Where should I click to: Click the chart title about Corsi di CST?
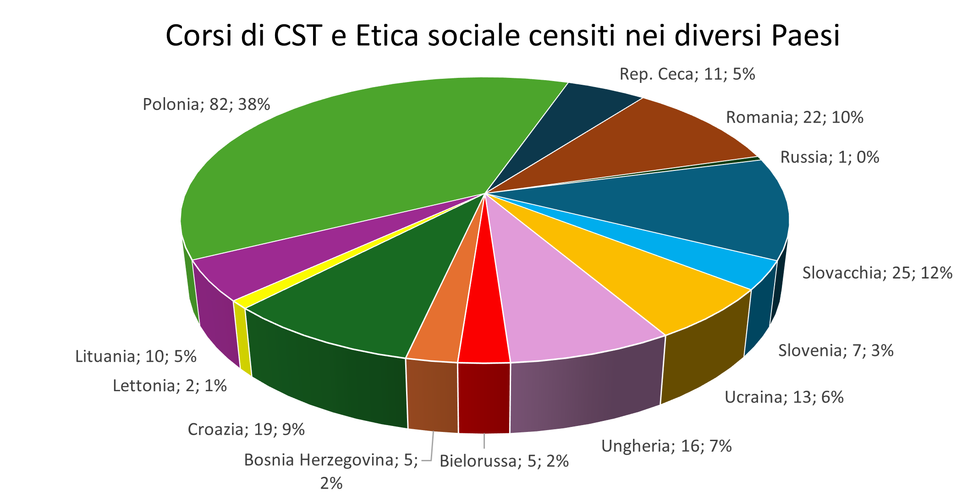[x=502, y=36]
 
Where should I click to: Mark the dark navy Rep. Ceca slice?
[x=573, y=119]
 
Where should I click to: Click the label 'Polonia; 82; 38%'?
[x=206, y=104]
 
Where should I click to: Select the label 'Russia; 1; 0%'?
[x=830, y=157]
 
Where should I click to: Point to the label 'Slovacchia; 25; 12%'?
[x=877, y=273]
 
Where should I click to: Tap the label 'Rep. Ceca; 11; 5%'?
[x=687, y=74]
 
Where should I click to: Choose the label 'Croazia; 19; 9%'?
[x=246, y=430]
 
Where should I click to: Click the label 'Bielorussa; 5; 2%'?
[x=504, y=461]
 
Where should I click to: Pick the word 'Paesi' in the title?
[x=805, y=36]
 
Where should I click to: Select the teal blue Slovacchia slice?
[x=687, y=206]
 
